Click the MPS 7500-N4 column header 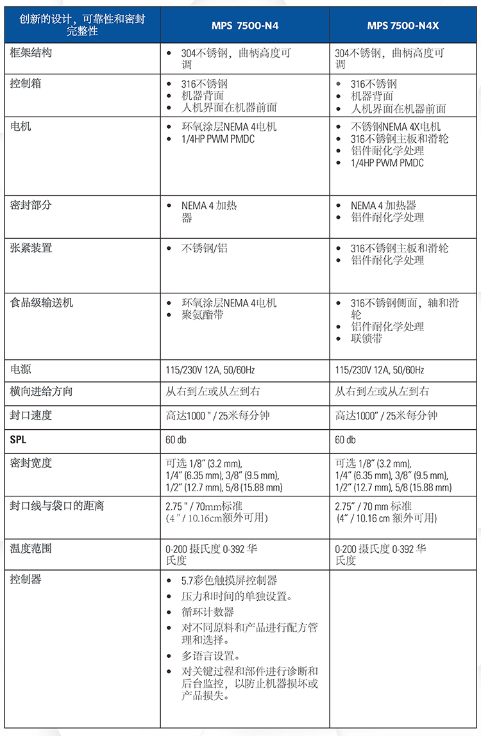point(245,26)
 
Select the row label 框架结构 point(31,53)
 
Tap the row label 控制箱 point(26,83)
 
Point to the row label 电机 point(21,127)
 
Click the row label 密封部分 point(31,205)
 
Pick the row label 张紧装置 point(31,248)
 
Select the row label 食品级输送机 point(42,302)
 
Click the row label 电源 point(21,370)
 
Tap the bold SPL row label point(19,439)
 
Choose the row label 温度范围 point(31,548)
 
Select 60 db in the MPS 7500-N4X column point(345,439)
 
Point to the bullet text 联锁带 point(367,338)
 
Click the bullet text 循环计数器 point(208,612)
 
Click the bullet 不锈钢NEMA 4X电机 point(396,127)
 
